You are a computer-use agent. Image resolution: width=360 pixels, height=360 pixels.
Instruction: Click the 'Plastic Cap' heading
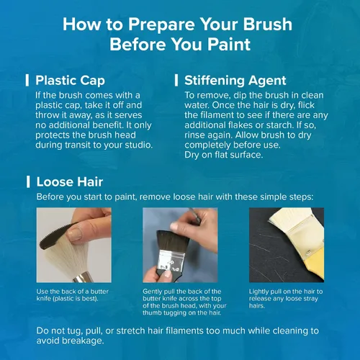point(70,81)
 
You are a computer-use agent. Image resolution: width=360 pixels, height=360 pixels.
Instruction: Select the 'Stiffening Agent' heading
point(235,81)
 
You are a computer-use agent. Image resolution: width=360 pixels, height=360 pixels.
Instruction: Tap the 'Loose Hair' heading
point(70,181)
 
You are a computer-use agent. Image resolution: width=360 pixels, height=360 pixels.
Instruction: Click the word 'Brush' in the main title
point(268,24)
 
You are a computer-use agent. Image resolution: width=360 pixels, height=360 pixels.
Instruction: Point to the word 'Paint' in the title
point(229,45)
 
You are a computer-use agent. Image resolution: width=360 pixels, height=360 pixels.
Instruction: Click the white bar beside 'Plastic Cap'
point(27,80)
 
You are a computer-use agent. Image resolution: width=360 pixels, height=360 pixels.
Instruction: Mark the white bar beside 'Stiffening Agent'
point(176,80)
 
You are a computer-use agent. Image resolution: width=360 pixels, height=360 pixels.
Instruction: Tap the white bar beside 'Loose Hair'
point(28,181)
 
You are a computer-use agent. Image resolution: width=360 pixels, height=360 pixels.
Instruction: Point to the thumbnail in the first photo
point(75,234)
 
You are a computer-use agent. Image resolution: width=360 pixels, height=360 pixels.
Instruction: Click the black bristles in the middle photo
point(172,240)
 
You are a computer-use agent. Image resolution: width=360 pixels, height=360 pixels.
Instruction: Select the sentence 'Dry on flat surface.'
point(224,155)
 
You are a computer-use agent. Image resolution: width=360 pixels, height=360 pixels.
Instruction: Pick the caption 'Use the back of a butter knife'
point(73,295)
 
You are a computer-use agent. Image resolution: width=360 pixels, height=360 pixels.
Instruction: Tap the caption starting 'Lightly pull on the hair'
point(286,299)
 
